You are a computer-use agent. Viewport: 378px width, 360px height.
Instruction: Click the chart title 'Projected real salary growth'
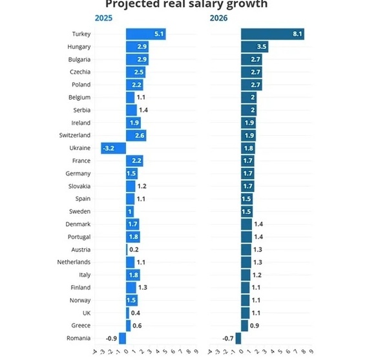186,5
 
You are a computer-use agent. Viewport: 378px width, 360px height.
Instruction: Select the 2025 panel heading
103,18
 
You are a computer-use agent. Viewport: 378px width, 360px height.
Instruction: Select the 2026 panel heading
219,18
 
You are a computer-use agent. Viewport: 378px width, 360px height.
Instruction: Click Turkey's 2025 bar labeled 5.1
145,34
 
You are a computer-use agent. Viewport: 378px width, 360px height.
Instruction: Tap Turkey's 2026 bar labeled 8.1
272,34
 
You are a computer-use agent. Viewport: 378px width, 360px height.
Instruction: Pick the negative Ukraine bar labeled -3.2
113,148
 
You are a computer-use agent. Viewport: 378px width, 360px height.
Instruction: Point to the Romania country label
78,338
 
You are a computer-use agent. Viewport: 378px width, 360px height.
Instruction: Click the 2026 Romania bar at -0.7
238,338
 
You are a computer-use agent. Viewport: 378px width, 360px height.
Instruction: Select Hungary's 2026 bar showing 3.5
254,47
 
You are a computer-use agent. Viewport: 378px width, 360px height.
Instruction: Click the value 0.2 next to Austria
134,249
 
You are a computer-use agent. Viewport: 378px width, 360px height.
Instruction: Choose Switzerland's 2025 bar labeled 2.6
136,135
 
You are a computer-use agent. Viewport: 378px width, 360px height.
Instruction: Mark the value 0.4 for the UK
136,313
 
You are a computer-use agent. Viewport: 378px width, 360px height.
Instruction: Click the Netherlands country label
73,262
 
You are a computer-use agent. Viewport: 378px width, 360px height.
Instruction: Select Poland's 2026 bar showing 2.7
251,85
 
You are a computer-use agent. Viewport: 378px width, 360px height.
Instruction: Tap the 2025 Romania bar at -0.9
122,338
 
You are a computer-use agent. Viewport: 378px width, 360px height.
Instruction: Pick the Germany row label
78,173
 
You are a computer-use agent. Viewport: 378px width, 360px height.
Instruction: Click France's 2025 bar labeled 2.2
134,160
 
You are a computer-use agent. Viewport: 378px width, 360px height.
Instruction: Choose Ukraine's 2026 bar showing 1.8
247,148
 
